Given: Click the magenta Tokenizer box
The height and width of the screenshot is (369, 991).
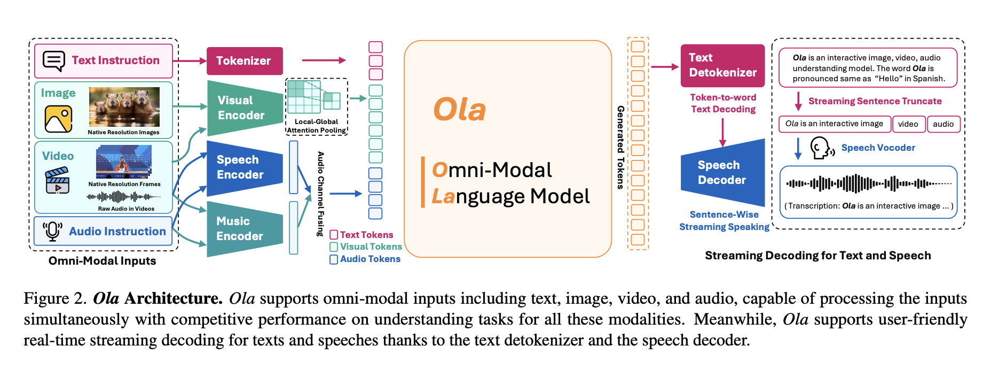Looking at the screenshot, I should pyautogui.click(x=244, y=61).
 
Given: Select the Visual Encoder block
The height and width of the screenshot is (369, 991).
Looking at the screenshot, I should pyautogui.click(x=243, y=107).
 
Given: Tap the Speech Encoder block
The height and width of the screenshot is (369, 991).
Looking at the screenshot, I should pyautogui.click(x=243, y=167).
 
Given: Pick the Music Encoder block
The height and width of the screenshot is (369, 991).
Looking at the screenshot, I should pyautogui.click(x=243, y=228).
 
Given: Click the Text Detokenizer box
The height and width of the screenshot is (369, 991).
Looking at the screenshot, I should pyautogui.click(x=722, y=65).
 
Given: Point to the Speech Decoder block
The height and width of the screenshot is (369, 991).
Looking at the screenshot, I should pyautogui.click(x=722, y=172).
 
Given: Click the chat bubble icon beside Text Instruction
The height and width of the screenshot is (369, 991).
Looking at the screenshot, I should pyautogui.click(x=54, y=61).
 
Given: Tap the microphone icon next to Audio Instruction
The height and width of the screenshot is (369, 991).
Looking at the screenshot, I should pyautogui.click(x=52, y=231).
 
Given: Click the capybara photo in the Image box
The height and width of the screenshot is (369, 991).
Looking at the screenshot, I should pyautogui.click(x=124, y=107).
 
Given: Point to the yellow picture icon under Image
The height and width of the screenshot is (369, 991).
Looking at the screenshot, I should pyautogui.click(x=58, y=119).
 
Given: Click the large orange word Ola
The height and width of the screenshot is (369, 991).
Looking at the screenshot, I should pyautogui.click(x=460, y=110).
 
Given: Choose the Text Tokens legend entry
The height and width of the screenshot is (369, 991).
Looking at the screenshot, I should pyautogui.click(x=361, y=235).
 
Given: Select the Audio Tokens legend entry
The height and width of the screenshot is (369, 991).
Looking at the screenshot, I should pyautogui.click(x=365, y=259).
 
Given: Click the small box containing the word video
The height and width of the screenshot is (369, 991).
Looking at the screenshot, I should pyautogui.click(x=908, y=124).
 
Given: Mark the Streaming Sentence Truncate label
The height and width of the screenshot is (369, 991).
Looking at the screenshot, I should pyautogui.click(x=875, y=101).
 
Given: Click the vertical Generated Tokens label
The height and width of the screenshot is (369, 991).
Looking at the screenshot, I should pyautogui.click(x=620, y=147).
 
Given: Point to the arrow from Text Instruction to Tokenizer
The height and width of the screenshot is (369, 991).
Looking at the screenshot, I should pyautogui.click(x=190, y=61).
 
